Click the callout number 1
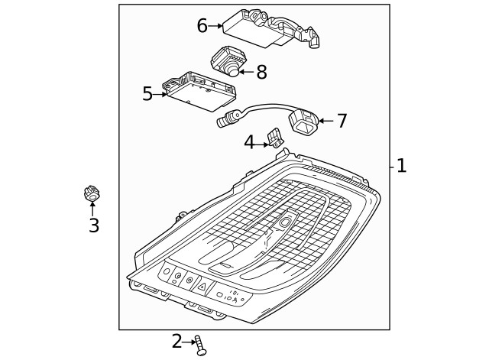401,166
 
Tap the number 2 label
177,342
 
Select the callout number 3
93,225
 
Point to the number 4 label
249,142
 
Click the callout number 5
147,94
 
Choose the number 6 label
202,25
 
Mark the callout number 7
341,120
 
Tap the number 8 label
261,72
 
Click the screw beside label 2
200,345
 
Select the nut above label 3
92,195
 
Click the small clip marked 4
273,138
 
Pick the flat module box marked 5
201,93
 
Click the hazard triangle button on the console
202,286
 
